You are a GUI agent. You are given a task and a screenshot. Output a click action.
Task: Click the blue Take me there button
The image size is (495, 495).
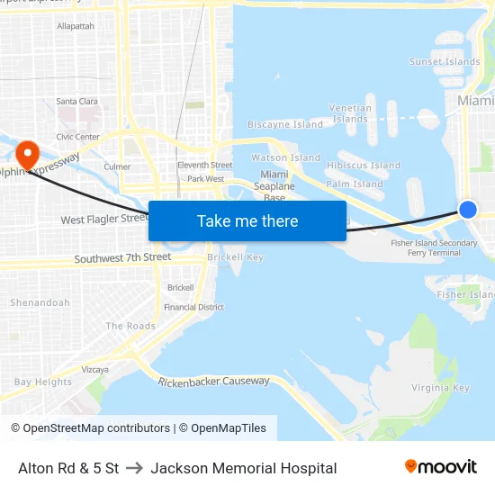click(247, 220)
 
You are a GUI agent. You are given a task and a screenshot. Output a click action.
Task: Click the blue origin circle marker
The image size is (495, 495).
click(467, 209)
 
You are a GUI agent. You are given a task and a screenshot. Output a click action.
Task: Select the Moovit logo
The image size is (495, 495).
click(441, 467)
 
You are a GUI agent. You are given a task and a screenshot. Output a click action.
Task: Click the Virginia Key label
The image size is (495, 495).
click(440, 388)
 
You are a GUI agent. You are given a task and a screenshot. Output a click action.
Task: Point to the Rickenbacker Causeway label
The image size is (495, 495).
click(214, 382)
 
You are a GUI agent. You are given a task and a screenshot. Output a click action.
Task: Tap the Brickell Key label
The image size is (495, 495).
click(235, 257)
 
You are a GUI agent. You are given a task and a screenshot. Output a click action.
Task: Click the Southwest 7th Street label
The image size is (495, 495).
click(122, 257)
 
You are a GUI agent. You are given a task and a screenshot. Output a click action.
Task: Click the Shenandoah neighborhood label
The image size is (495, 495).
click(40, 302)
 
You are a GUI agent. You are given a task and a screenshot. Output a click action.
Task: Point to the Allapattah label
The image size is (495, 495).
click(76, 27)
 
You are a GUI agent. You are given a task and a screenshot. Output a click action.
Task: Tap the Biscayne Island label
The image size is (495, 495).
click(284, 124)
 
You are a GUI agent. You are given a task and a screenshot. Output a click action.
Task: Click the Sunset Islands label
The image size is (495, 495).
click(445, 62)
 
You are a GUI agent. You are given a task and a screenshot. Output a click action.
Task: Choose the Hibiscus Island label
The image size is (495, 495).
click(364, 166)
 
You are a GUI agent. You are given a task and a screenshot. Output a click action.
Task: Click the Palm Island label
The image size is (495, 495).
click(355, 184)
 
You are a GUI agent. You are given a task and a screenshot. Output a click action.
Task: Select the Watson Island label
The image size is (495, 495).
click(285, 157)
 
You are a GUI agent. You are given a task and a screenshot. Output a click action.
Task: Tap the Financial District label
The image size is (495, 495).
click(193, 307)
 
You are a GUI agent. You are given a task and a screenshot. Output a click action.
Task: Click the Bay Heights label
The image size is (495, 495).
click(43, 382)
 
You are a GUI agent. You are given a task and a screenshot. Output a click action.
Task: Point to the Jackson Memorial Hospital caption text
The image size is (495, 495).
click(244, 468)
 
